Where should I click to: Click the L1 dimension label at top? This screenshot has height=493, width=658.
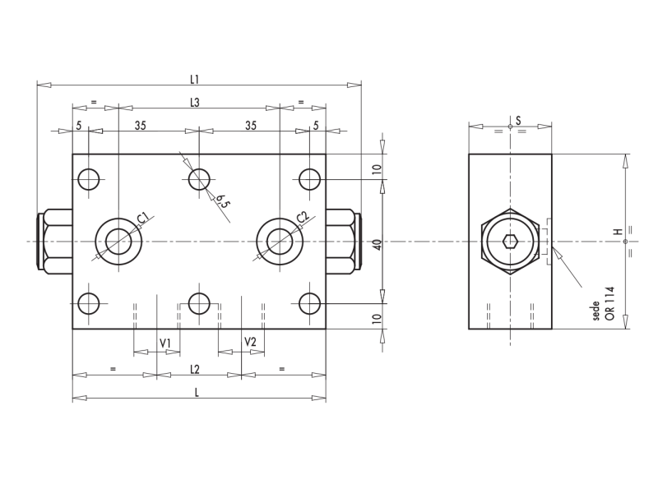click(195, 79)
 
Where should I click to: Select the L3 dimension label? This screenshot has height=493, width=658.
click(195, 102)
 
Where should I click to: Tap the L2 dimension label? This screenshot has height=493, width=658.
click(195, 369)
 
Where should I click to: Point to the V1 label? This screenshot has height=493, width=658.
click(164, 342)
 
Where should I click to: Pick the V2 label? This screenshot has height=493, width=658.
click(250, 342)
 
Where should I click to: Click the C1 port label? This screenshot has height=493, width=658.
click(143, 218)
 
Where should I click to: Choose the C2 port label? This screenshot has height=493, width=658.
click(304, 218)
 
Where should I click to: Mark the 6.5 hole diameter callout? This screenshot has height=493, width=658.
click(222, 200)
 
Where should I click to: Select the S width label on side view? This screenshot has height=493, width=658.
click(517, 121)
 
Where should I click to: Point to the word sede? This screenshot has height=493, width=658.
click(596, 311)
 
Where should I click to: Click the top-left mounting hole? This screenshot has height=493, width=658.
click(89, 178)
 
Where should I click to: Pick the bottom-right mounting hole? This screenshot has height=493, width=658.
click(309, 304)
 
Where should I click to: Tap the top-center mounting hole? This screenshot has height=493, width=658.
click(199, 178)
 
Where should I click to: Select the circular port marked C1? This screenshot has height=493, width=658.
click(118, 241)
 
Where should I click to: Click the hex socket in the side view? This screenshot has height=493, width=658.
click(510, 242)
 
